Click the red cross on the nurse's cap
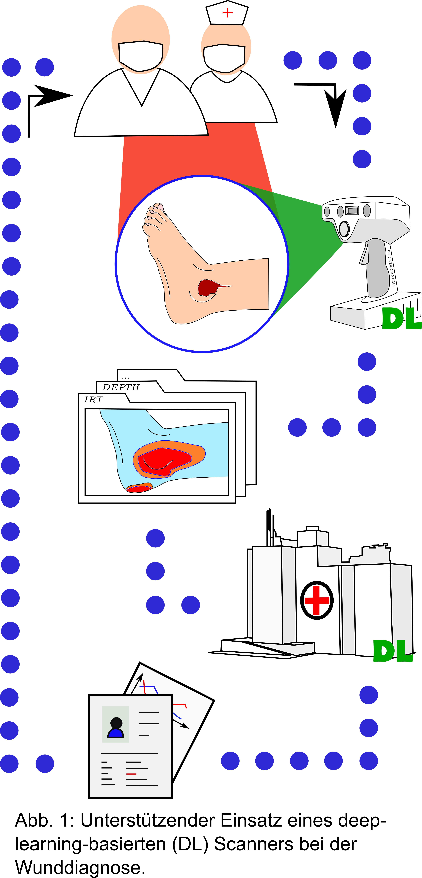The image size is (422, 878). click(x=227, y=13)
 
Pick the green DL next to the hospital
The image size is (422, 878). click(x=393, y=651)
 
